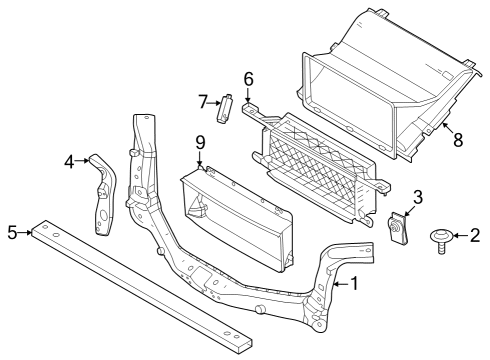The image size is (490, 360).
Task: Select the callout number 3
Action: (418, 196)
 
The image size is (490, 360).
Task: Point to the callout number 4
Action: (69, 160)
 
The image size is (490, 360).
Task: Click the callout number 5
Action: (12, 233)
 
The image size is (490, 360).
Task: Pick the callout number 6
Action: (249, 78)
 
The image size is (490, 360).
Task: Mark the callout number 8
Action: (457, 140)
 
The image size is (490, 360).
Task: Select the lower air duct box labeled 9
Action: (235, 215)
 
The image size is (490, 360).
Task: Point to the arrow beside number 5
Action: (25, 233)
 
